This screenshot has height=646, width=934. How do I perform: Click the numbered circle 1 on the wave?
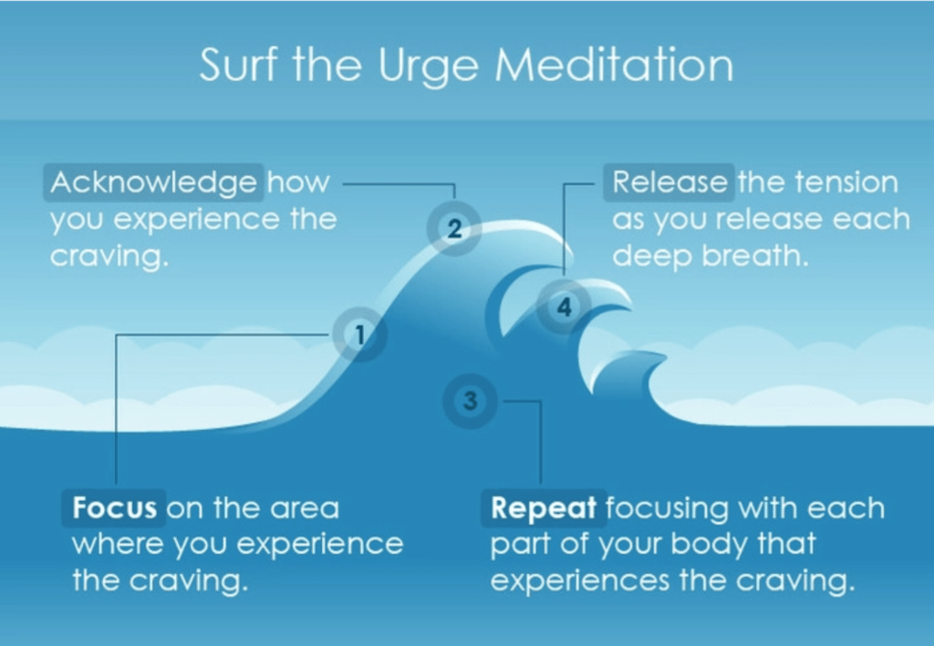[359, 335]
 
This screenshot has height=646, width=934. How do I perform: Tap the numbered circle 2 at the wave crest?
[454, 228]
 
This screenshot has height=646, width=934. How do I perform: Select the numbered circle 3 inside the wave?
[470, 401]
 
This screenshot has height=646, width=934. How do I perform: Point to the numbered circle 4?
[564, 307]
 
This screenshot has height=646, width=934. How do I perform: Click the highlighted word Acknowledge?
[153, 182]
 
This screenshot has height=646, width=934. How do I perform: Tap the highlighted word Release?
[669, 182]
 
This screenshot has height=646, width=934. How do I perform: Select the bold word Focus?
[114, 507]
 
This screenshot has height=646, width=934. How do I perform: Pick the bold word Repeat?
[544, 508]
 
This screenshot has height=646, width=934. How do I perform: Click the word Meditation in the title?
[614, 65]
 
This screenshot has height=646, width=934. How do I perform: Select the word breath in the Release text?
[754, 255]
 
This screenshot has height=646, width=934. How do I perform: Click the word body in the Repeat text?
[709, 545]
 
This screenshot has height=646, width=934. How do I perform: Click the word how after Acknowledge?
[298, 182]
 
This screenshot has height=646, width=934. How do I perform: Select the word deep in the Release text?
[652, 257]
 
